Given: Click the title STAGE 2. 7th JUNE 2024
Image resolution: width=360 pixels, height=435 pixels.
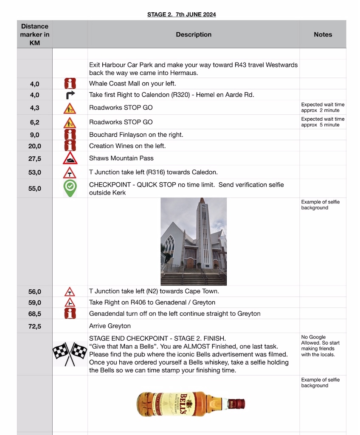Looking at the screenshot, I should click(181, 14).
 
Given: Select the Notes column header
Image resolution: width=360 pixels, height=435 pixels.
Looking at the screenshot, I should click(323, 34).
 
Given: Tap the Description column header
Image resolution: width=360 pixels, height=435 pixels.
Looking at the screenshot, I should click(194, 34).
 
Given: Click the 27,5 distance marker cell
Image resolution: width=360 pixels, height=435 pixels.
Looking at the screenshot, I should click(35, 159).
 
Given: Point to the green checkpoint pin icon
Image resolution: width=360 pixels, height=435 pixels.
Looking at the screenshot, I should click(70, 188).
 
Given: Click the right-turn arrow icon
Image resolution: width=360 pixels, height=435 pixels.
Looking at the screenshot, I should click(70, 95).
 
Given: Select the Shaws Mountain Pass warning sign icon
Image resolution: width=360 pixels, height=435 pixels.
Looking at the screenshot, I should click(70, 158).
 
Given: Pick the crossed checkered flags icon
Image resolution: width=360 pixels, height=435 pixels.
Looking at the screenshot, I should click(70, 353).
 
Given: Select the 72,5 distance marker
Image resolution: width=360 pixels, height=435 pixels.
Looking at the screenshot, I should click(35, 326).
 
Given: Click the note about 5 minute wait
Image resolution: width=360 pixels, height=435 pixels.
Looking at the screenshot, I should click(323, 122).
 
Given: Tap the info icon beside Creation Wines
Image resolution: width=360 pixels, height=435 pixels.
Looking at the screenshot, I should click(70, 146).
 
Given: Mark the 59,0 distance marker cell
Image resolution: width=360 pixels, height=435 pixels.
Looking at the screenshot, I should click(35, 303).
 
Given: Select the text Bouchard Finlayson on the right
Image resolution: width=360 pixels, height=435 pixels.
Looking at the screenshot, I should click(136, 135).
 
